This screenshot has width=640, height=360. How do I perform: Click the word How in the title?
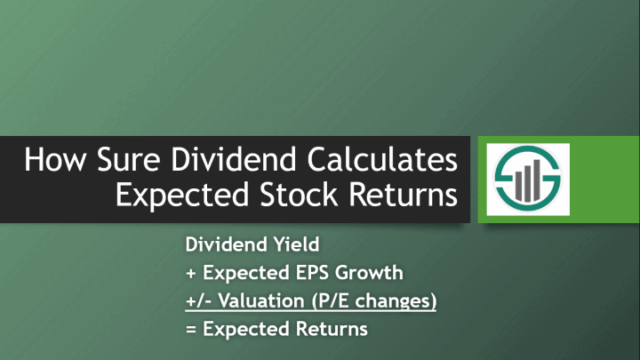55,159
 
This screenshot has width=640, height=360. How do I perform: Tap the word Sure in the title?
129,159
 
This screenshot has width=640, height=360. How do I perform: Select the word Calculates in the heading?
382,159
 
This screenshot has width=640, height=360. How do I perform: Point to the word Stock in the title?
299,195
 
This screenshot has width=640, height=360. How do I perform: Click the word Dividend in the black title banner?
234,159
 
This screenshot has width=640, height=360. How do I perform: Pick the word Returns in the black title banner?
403,195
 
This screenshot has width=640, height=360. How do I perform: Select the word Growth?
369,273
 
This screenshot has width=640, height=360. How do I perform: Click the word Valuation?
261,301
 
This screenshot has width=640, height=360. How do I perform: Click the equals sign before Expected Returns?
190,330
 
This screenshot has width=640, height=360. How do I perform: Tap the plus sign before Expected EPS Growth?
190,273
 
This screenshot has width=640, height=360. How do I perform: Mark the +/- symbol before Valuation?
199,301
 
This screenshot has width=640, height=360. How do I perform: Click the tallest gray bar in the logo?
537,180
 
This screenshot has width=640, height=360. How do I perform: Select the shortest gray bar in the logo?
518,186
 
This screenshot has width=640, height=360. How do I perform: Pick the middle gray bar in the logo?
528,183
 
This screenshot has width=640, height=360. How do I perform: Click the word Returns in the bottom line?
332,329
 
